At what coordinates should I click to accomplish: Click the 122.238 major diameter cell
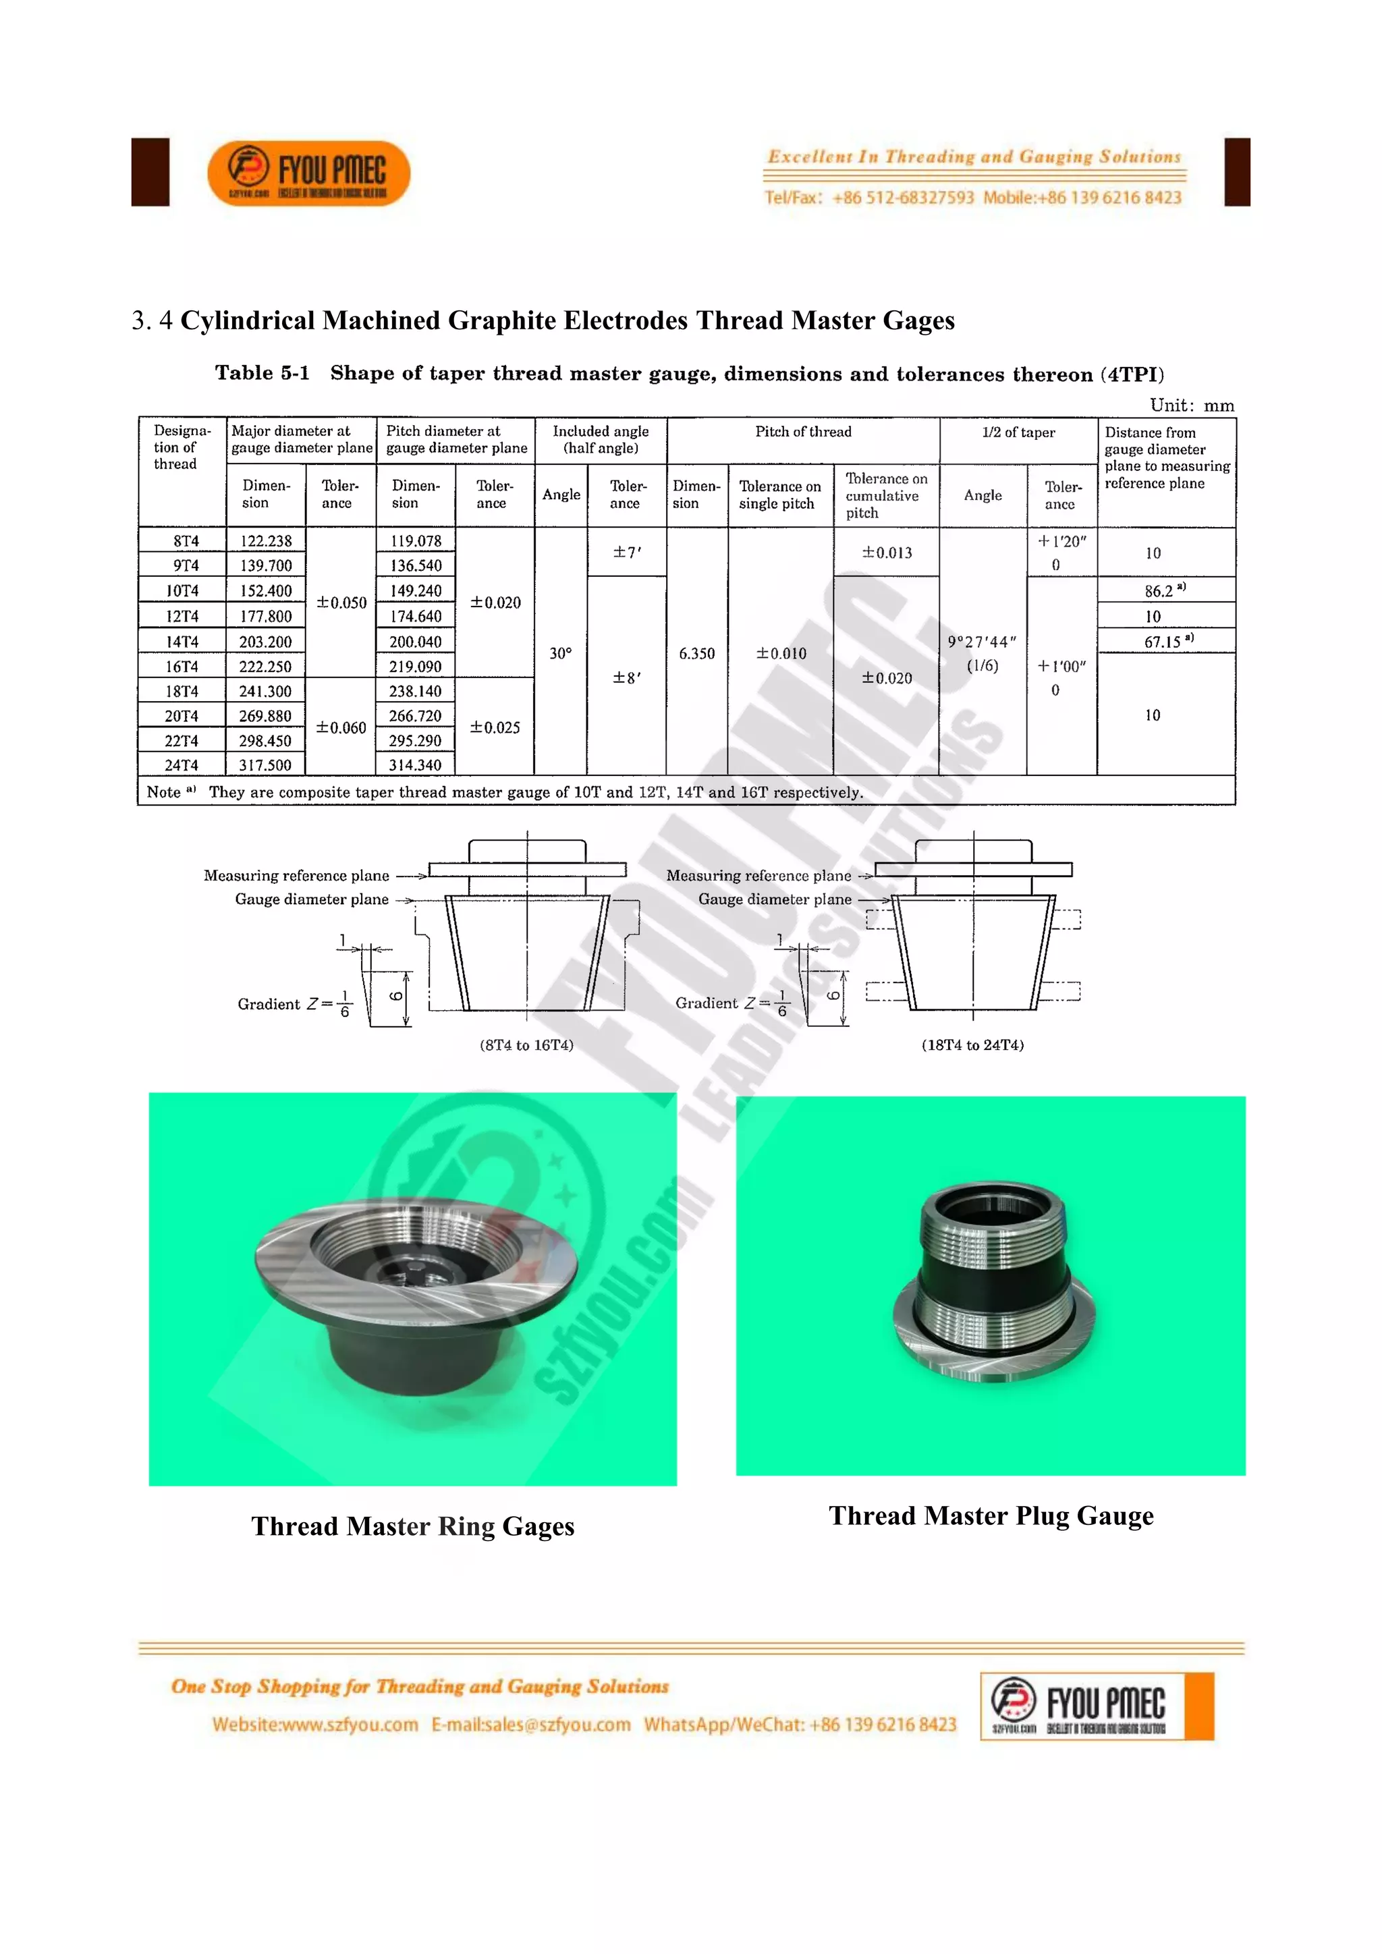265,541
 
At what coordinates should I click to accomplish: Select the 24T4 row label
182,765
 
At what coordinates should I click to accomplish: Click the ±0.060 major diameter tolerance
341,727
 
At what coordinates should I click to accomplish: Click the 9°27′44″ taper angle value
982,642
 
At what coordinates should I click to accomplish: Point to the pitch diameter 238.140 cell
415,691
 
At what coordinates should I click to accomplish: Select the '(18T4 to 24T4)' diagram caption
972,1045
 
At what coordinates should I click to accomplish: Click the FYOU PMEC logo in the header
308,173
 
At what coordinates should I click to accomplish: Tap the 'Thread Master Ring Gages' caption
413,1527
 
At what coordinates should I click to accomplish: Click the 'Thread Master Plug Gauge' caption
991,1515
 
